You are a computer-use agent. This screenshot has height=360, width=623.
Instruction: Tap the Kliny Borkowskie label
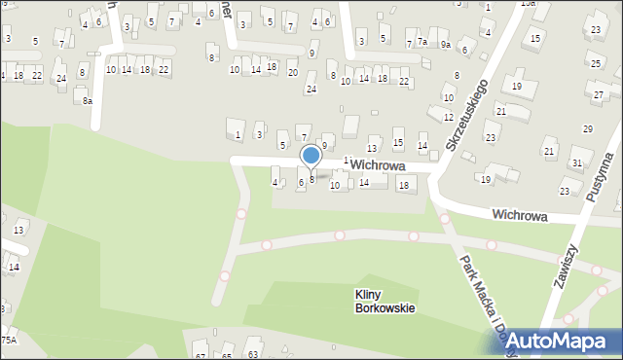(x=386, y=302)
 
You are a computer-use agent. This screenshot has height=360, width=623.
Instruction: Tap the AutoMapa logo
(x=558, y=340)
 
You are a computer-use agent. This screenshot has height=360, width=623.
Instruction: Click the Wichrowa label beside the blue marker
(x=378, y=165)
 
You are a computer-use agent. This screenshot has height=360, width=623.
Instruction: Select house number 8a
(x=87, y=100)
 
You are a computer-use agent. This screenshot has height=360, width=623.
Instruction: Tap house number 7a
(x=422, y=42)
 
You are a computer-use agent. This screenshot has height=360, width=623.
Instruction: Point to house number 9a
(x=445, y=44)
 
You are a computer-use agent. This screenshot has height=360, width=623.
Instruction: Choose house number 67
(x=201, y=345)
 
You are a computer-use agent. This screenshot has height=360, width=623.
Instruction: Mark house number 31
(x=575, y=162)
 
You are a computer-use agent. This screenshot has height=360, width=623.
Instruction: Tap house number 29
(x=587, y=129)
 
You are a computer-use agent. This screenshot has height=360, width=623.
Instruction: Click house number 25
(x=596, y=62)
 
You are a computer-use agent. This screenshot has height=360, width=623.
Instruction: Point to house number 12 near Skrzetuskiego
(x=448, y=118)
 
